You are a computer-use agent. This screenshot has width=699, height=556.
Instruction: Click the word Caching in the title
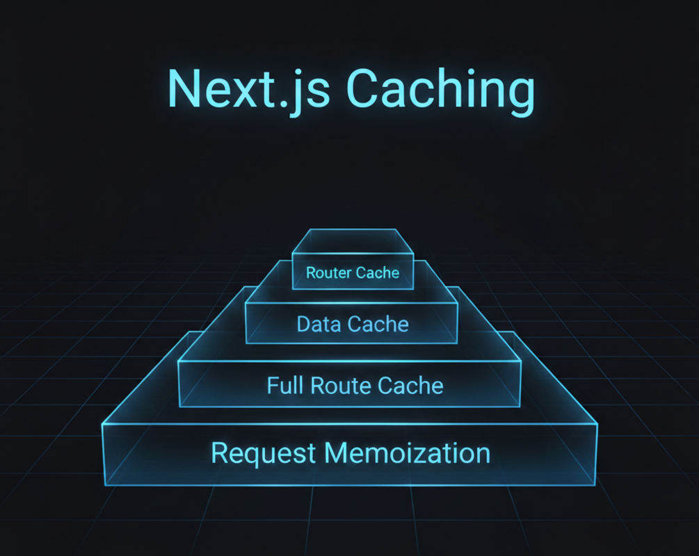point(440,91)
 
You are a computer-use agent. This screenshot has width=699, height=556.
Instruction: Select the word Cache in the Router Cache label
point(378,272)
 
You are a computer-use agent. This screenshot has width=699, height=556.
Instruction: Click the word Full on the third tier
point(285,385)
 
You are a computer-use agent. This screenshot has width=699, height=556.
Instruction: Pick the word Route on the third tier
point(341,386)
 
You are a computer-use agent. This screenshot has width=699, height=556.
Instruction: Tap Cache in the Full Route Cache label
point(410,386)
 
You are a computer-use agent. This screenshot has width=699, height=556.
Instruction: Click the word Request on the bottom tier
point(264,454)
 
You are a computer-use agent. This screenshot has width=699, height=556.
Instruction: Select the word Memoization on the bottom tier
point(408,453)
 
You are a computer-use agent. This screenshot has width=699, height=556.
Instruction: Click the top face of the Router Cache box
point(353,240)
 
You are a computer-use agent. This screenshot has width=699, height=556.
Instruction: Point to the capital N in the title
point(184,88)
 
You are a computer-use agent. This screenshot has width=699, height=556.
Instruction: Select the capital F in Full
point(273,385)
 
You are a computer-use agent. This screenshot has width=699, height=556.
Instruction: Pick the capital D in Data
point(305,324)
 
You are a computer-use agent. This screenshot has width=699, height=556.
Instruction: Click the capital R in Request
point(220,453)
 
